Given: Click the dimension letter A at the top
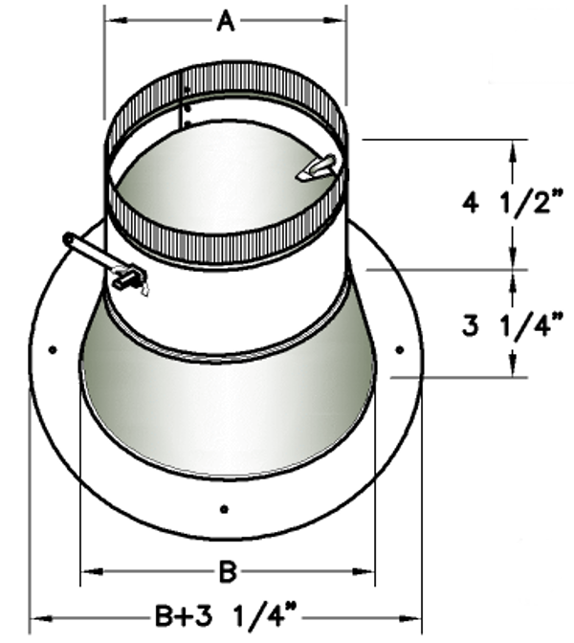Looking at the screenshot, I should [x=225, y=21].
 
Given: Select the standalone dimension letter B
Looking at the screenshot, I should [x=227, y=572].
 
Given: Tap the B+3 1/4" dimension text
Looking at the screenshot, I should [x=225, y=613].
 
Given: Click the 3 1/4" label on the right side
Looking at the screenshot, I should [x=514, y=326].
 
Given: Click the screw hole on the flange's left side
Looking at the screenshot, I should [x=52, y=349].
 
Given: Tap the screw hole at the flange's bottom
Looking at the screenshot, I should [x=224, y=508].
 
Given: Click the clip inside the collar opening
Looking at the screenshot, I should [x=317, y=168].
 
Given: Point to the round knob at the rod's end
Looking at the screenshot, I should [x=68, y=239].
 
